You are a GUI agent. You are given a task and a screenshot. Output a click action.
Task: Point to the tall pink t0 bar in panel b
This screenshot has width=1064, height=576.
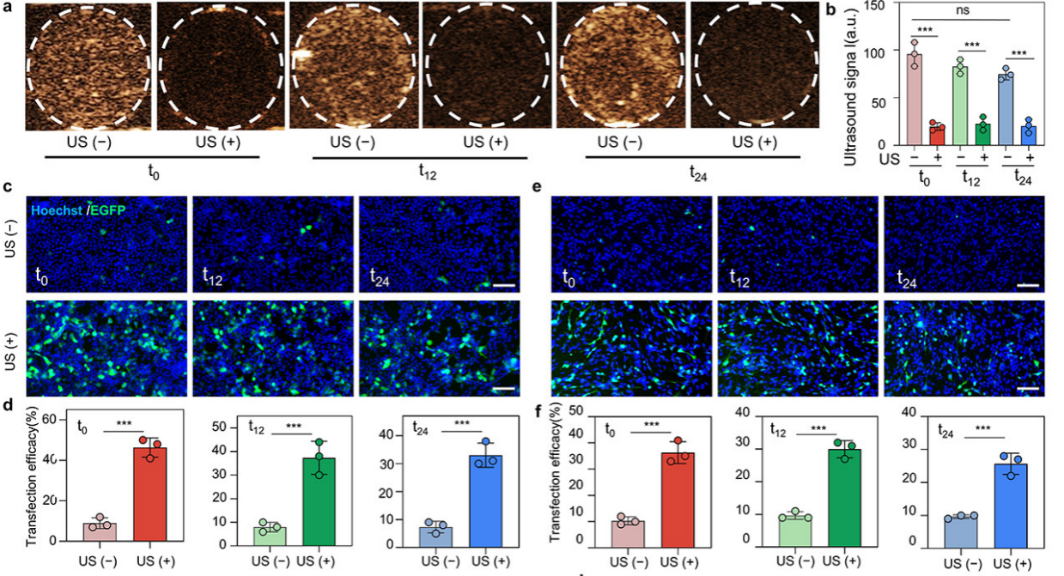pyautogui.click(x=915, y=99)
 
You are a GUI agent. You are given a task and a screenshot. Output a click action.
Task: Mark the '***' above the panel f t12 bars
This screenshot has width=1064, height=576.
pyautogui.click(x=818, y=427)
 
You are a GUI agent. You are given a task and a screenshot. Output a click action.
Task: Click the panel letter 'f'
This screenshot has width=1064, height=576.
pyautogui.click(x=538, y=411)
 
